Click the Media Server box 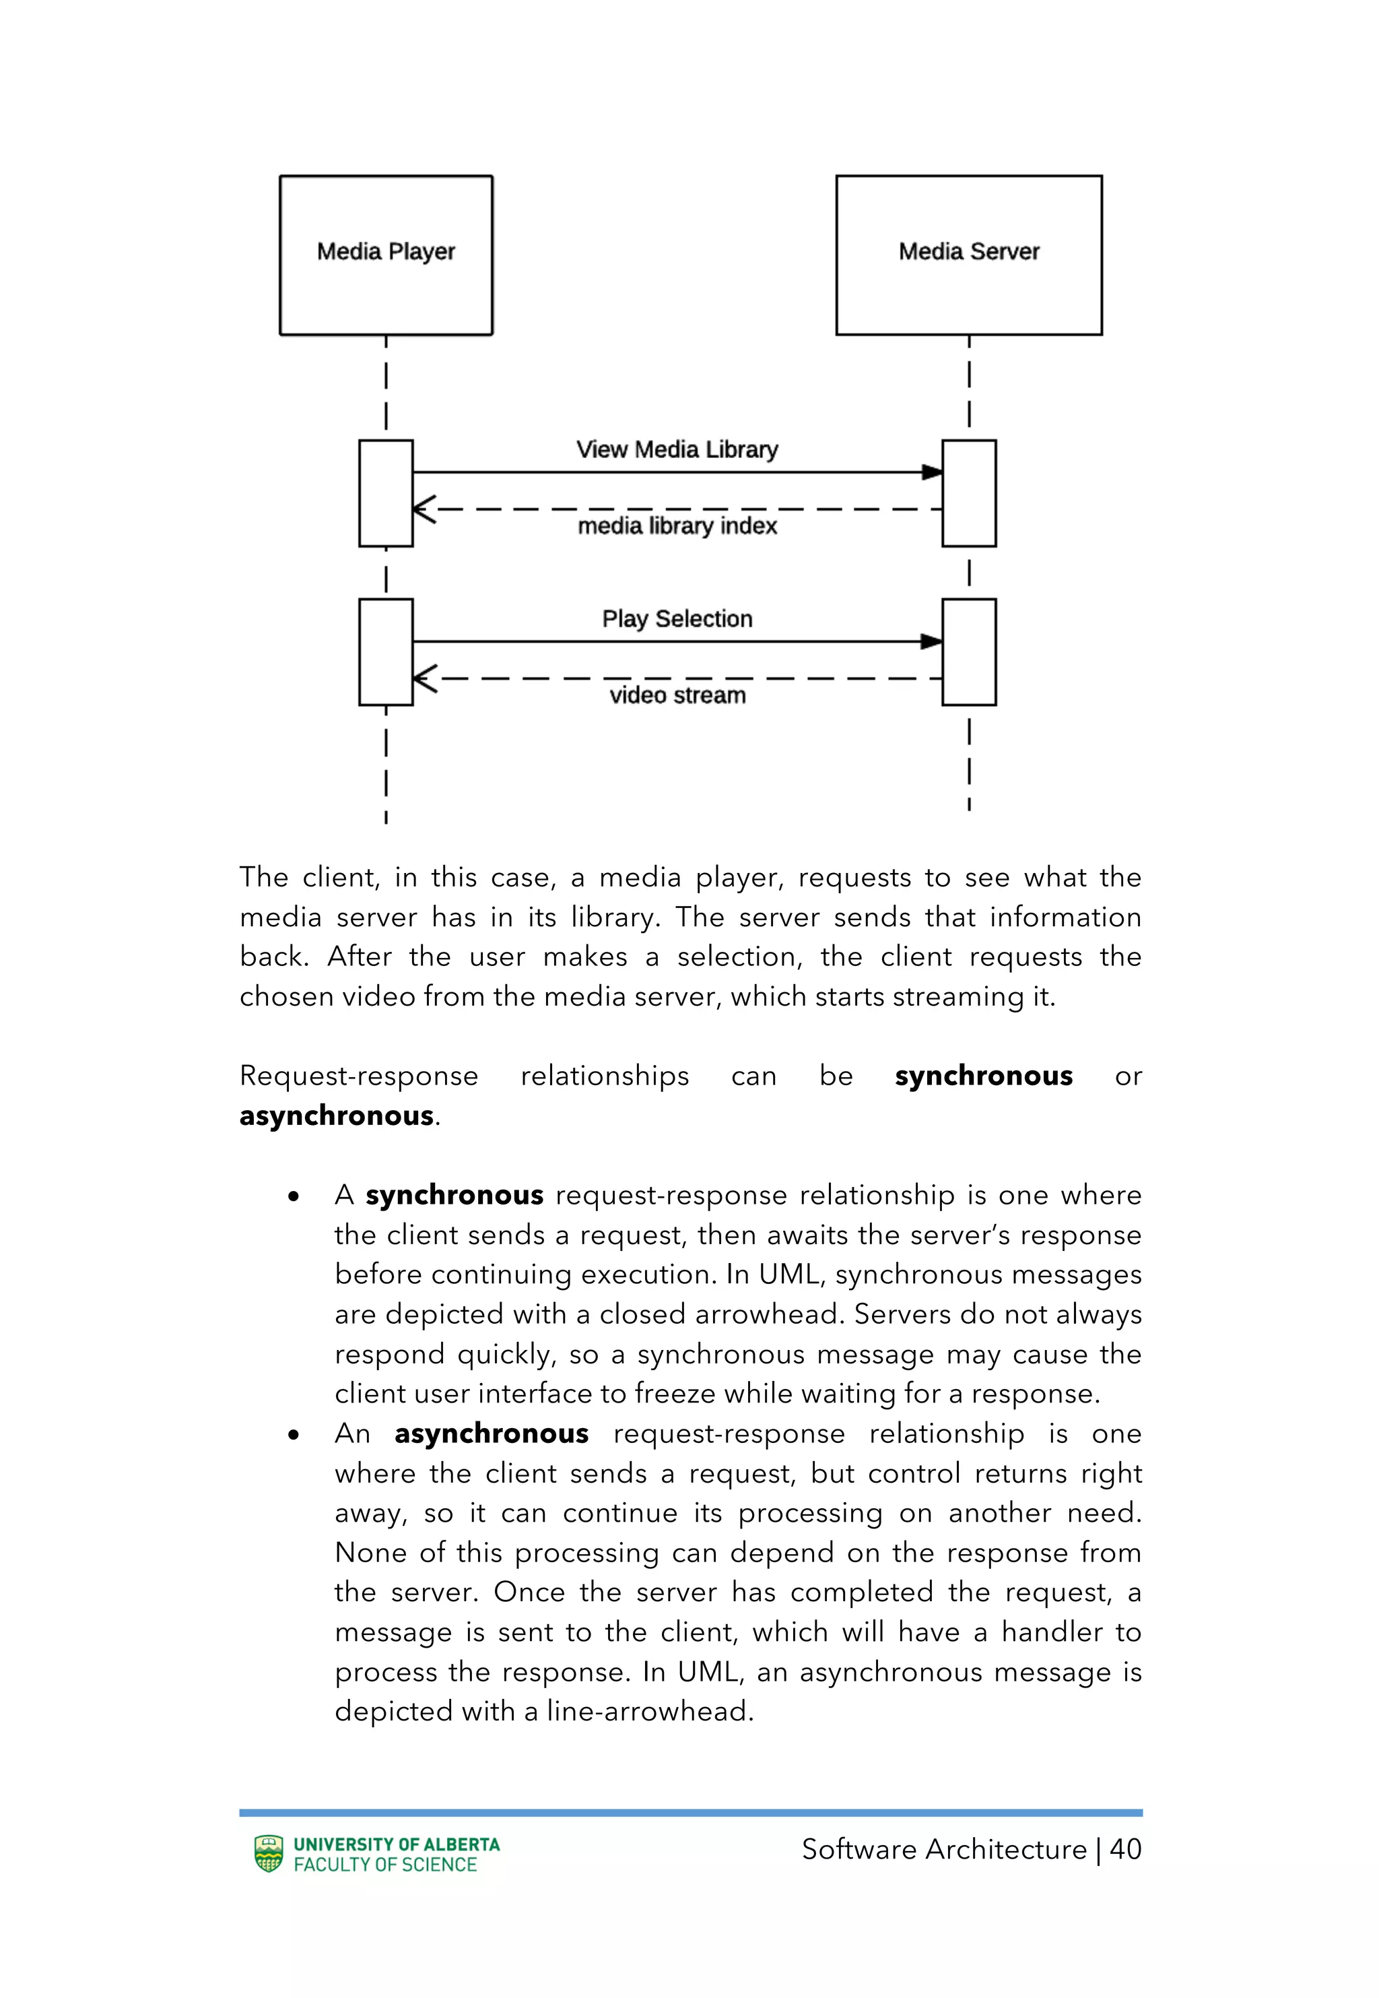tap(968, 255)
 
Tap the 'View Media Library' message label tap(677, 449)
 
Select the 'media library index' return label tap(677, 525)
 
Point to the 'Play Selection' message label tap(677, 619)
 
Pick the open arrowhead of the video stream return tap(424, 678)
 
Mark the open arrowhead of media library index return tap(424, 509)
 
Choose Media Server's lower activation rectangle tap(968, 653)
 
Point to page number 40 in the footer tap(1125, 1849)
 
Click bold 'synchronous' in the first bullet tap(455, 1195)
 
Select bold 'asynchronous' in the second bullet tap(491, 1433)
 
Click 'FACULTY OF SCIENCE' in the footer tap(385, 1865)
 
